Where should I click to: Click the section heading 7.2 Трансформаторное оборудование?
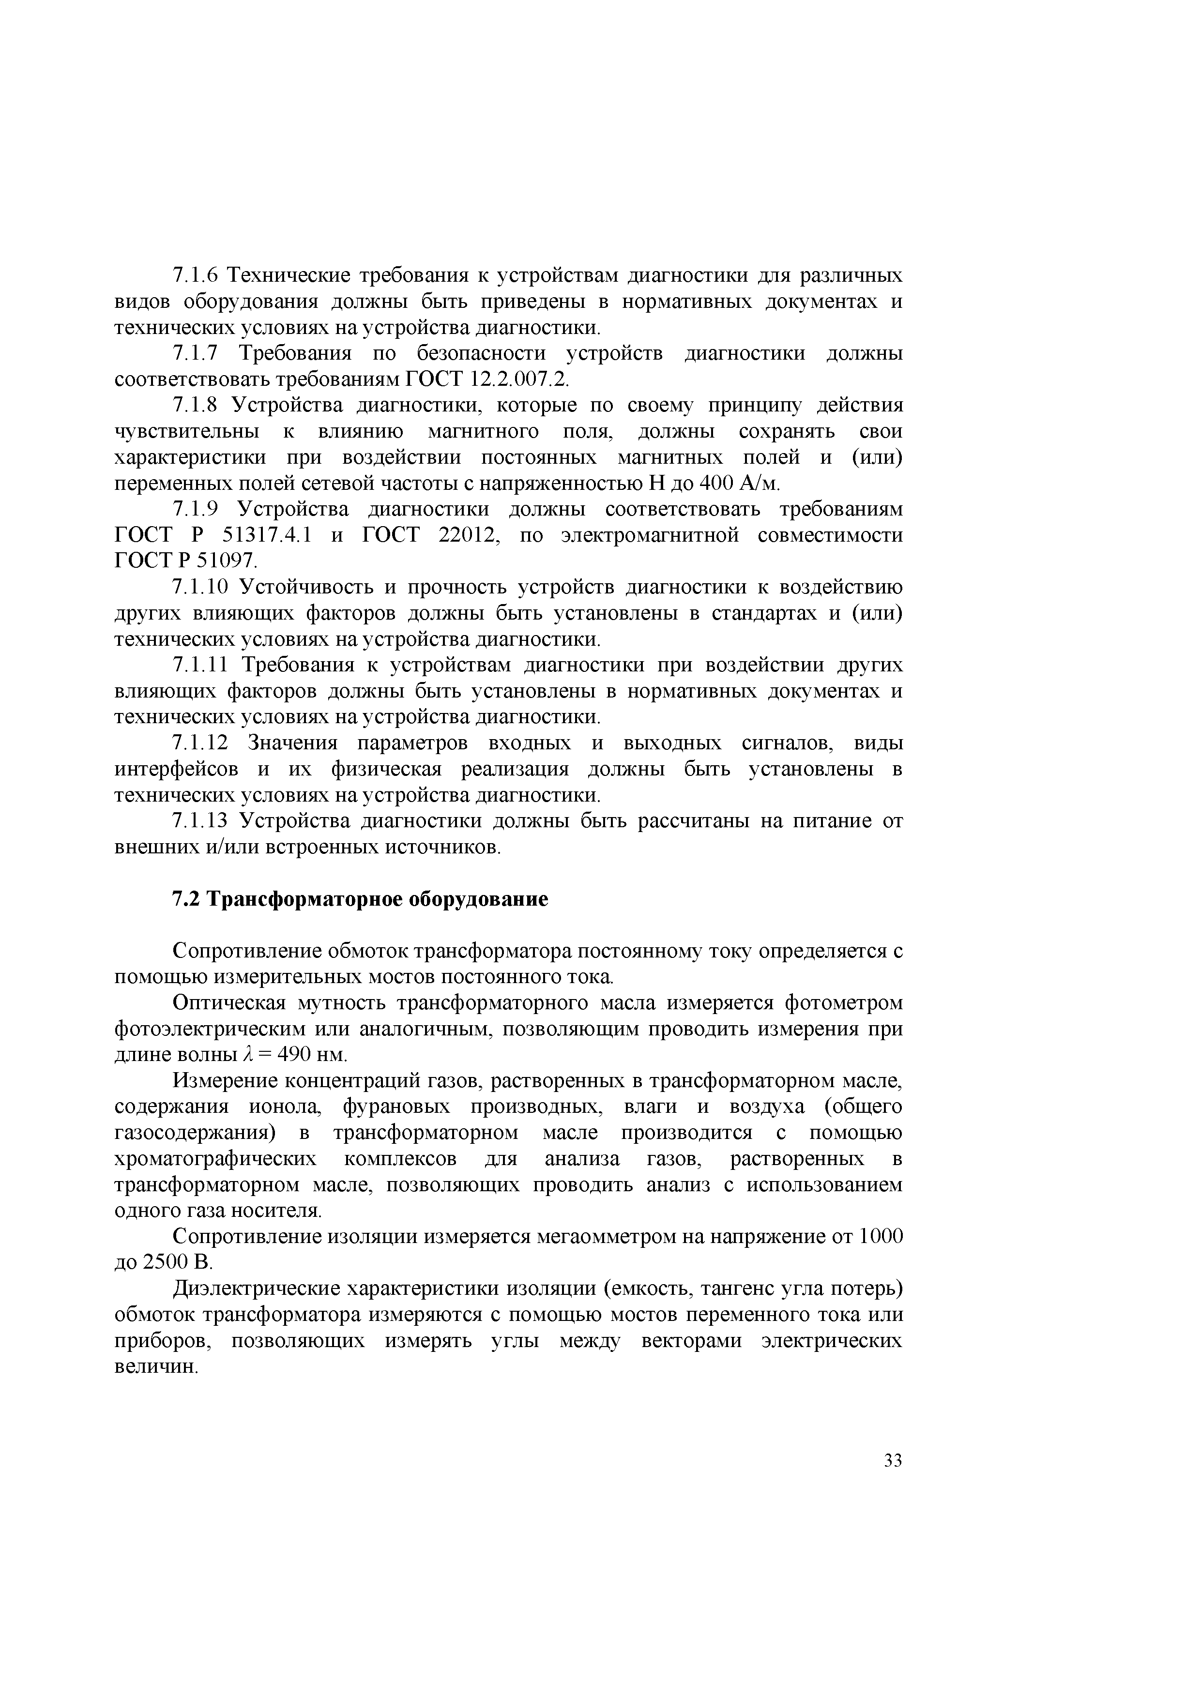(x=360, y=899)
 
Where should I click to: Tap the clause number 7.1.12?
(x=201, y=743)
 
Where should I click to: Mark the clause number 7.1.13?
(x=201, y=821)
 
